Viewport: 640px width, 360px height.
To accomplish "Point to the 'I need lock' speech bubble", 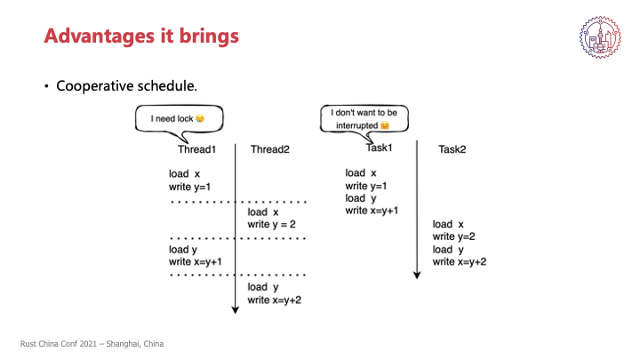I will click(x=175, y=117).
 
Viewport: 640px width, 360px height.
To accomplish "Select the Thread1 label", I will click(x=196, y=149).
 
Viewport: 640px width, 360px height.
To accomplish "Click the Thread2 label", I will click(x=270, y=149).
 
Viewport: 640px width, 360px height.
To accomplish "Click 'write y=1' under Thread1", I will click(x=195, y=187).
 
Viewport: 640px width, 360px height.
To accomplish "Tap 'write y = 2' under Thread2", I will click(x=277, y=225).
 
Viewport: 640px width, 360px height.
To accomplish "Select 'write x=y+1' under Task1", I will click(x=372, y=211).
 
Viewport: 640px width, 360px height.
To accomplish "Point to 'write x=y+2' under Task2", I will click(x=460, y=261).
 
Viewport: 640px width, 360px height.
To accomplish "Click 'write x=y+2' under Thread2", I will click(x=276, y=300).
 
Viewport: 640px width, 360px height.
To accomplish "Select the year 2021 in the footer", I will click(x=87, y=344).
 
